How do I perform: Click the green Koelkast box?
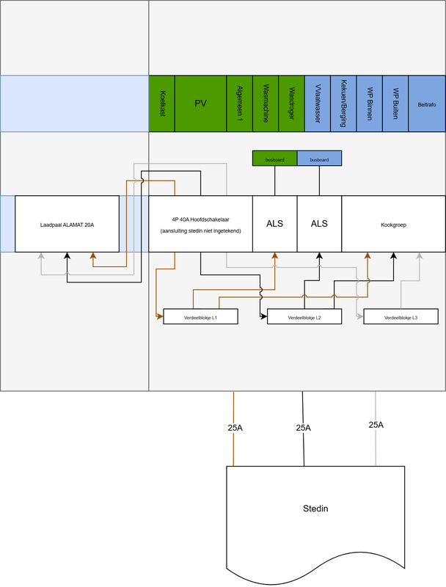[x=161, y=103]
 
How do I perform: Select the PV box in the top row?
[x=200, y=103]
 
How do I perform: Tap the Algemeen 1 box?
[x=239, y=103]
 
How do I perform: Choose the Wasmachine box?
[x=266, y=103]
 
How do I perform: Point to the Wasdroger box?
[x=291, y=103]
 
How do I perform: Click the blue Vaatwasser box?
[x=317, y=103]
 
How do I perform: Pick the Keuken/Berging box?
[x=343, y=103]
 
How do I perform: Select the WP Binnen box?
[x=370, y=103]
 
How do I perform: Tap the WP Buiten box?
[x=395, y=103]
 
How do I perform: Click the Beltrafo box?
[x=426, y=103]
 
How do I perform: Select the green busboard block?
[x=274, y=158]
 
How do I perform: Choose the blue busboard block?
[x=319, y=158]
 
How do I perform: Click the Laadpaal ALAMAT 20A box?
[x=67, y=224]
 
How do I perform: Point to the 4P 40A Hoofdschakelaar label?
[x=200, y=218]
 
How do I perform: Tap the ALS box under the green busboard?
[x=275, y=224]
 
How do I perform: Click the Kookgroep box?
[x=393, y=224]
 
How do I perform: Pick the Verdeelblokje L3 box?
[x=401, y=317]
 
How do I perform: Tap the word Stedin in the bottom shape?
[x=315, y=508]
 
